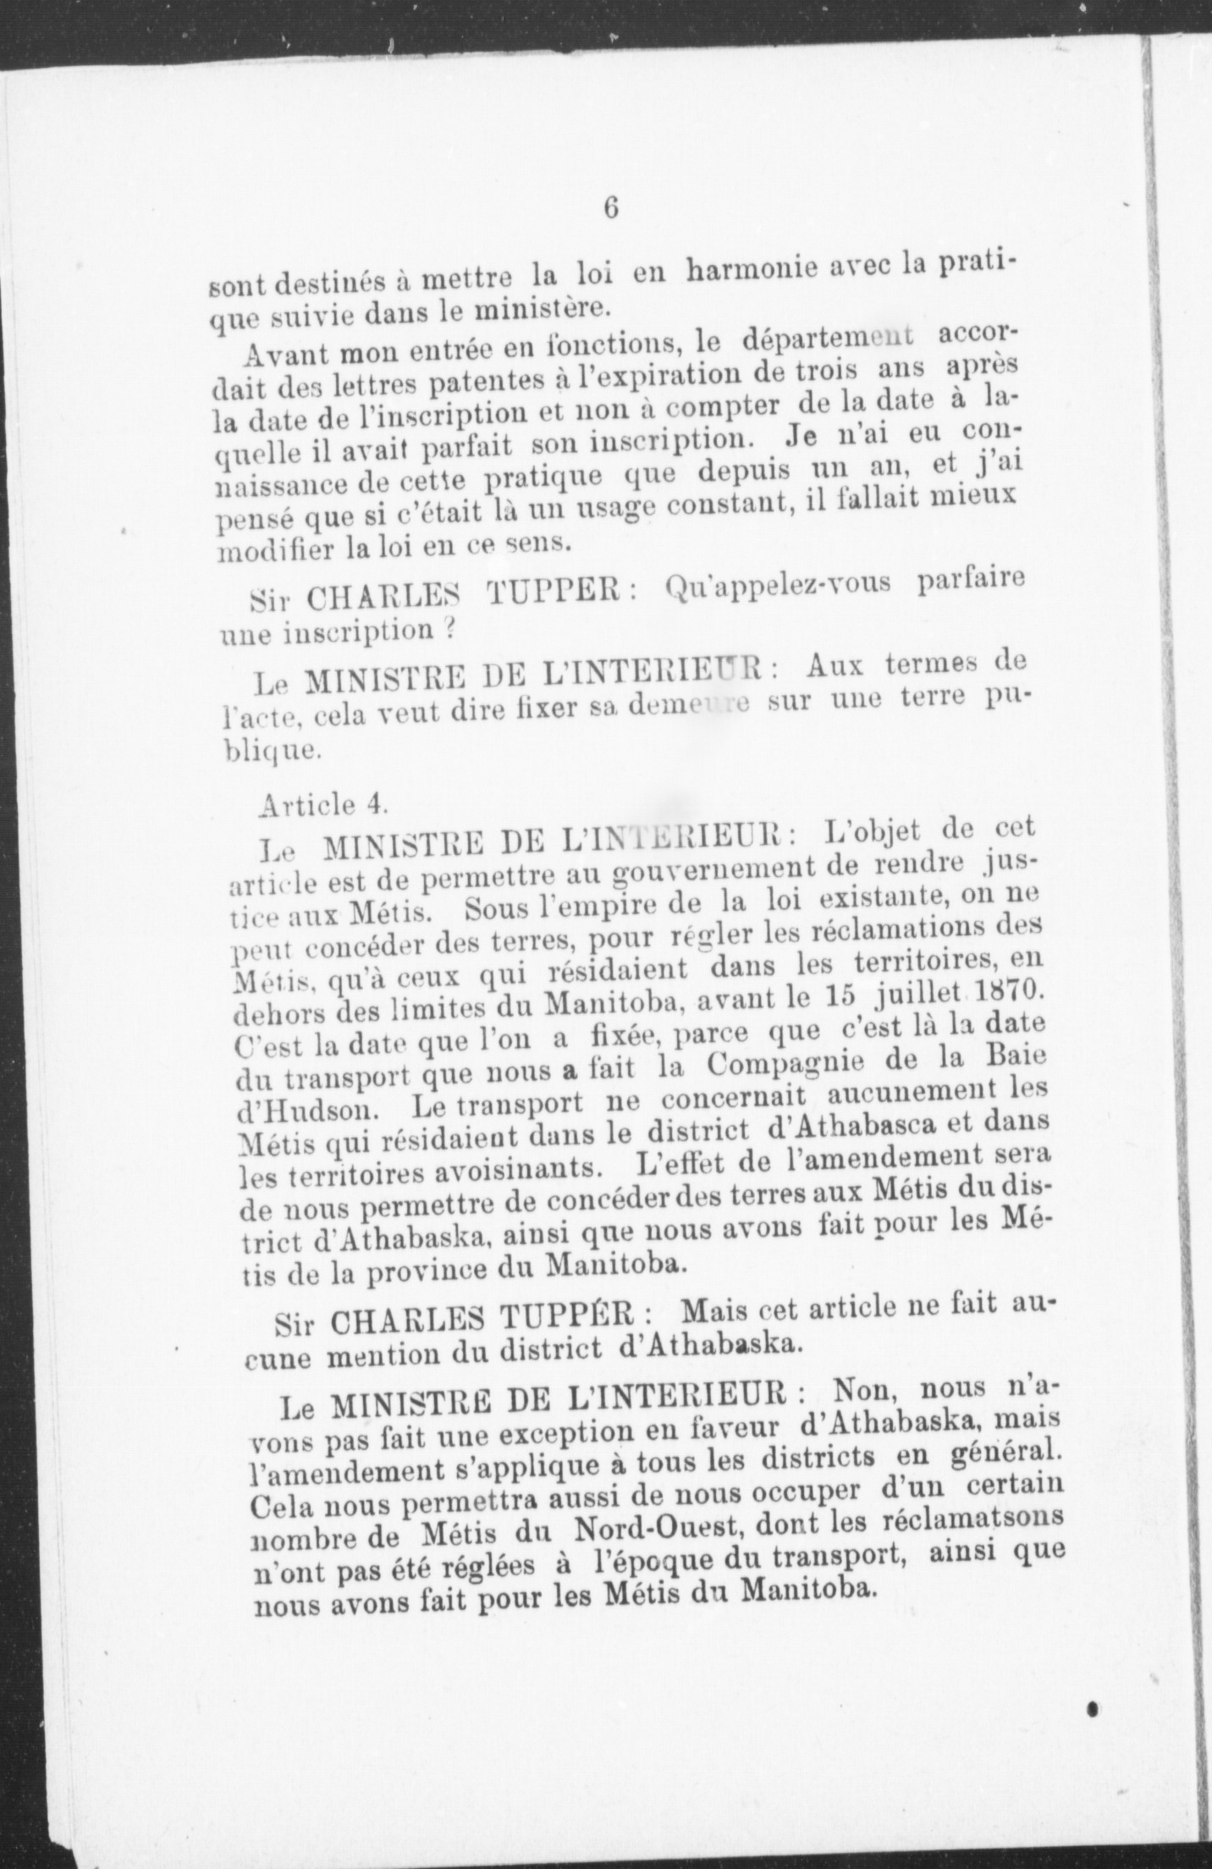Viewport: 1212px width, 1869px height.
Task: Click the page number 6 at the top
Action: [x=611, y=208]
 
